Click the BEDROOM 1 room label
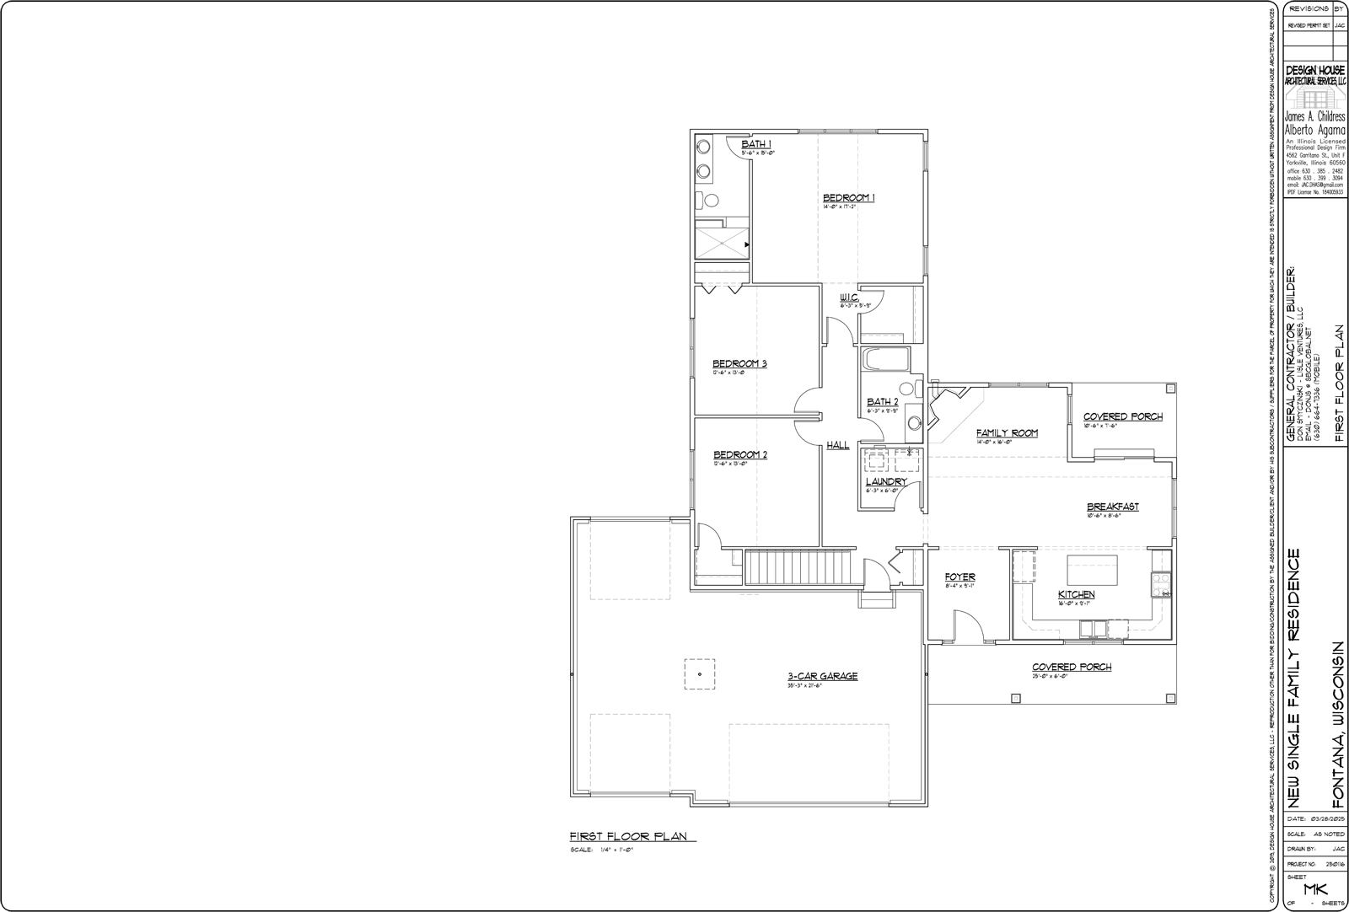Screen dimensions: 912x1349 click(x=848, y=198)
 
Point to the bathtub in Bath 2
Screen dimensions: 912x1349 click(x=885, y=361)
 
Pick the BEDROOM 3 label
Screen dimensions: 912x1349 click(x=739, y=364)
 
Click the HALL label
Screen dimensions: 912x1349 click(x=837, y=445)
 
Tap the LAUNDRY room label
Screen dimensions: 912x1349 click(x=885, y=482)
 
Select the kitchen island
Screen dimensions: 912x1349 click(x=1093, y=569)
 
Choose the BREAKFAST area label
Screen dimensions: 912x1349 click(x=1112, y=507)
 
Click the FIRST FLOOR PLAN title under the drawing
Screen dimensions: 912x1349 click(x=628, y=837)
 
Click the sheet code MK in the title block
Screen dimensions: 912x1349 click(x=1315, y=889)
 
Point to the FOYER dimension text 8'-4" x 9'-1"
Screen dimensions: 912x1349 click(x=959, y=586)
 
